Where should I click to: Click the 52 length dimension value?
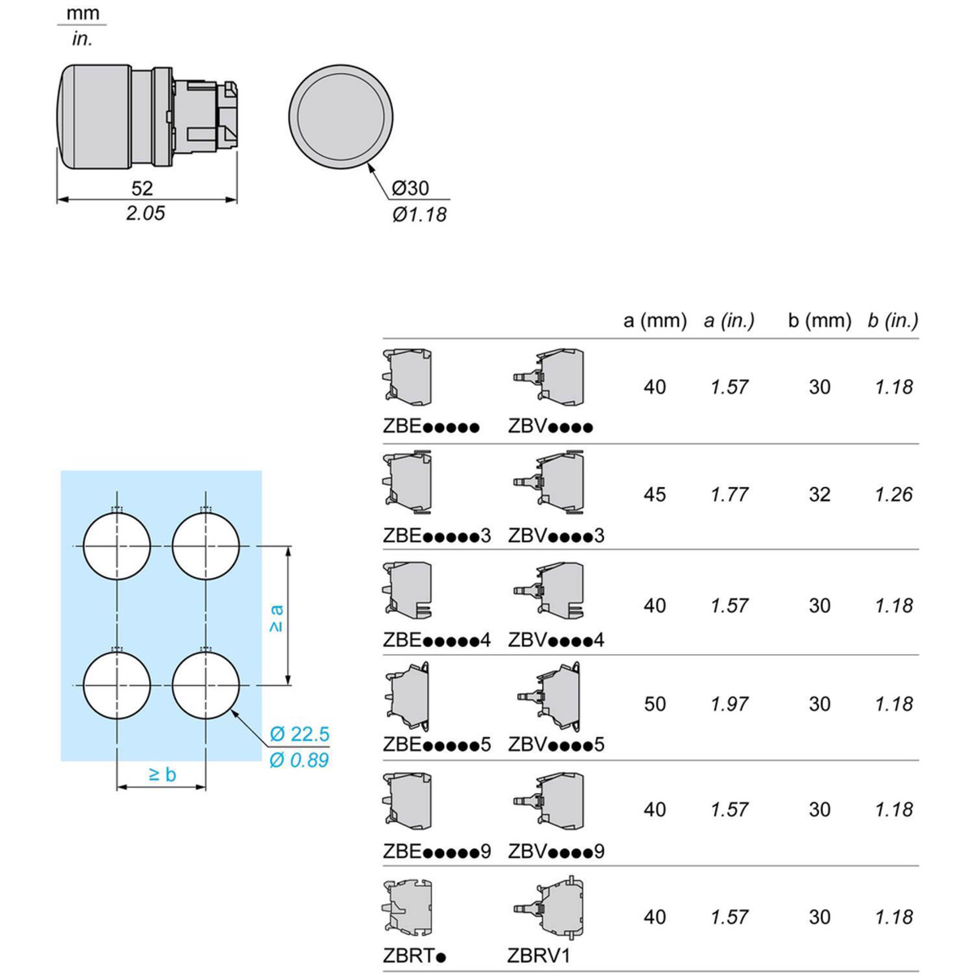tap(142, 188)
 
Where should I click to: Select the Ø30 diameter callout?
tap(411, 188)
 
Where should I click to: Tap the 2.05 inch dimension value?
tap(145, 213)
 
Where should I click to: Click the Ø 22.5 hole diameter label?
tap(300, 734)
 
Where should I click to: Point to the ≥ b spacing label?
tap(163, 775)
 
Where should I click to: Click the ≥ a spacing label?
tap(277, 619)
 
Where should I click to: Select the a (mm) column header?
tap(655, 321)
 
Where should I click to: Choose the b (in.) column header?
tap(893, 321)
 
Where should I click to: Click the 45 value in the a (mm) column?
tap(655, 494)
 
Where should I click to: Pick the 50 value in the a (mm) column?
tap(655, 704)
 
